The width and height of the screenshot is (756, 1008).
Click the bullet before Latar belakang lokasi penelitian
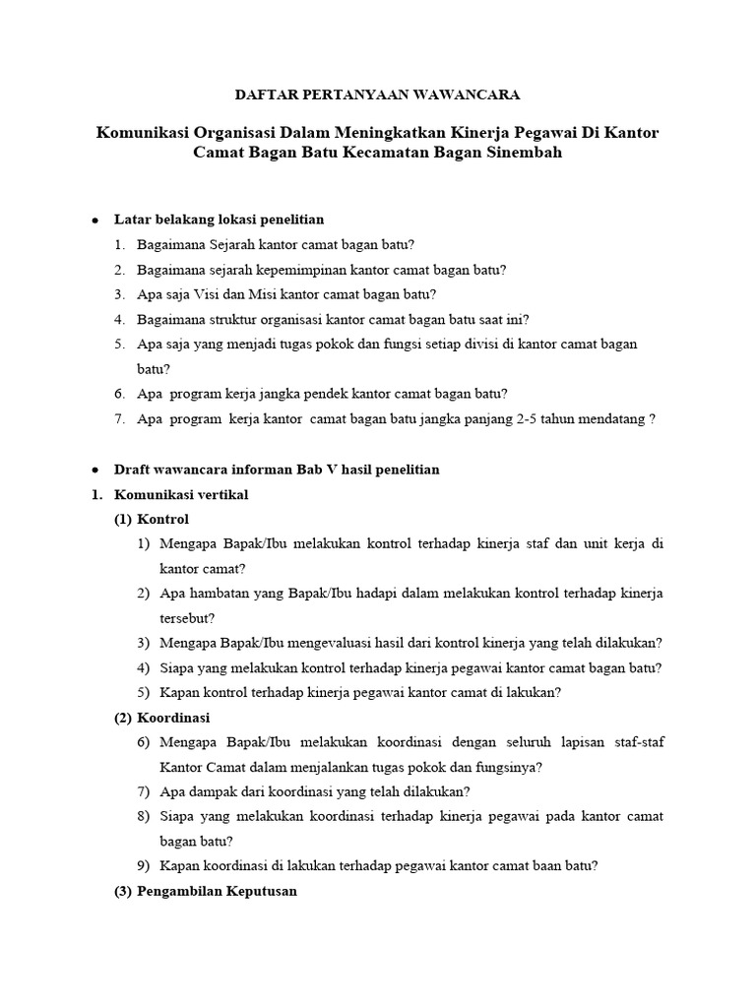(94, 220)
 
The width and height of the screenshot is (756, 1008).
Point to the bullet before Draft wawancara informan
(94, 471)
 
